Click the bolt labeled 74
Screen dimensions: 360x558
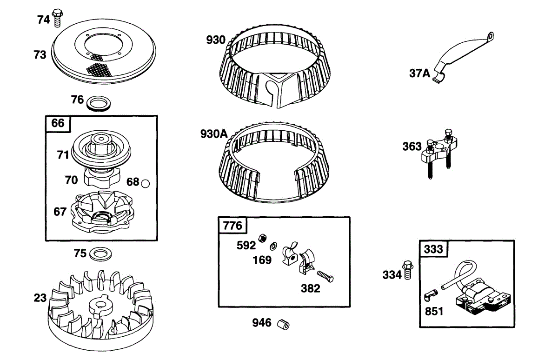57,17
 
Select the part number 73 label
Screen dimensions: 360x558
40,55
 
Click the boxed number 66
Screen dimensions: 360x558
58,123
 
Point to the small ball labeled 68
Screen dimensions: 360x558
146,183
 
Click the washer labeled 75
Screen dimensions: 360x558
100,254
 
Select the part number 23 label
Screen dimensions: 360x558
40,298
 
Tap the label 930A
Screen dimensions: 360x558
214,134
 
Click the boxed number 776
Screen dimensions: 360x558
232,226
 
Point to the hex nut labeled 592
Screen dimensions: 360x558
262,238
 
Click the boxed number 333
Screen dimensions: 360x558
433,249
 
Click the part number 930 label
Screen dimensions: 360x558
216,40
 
